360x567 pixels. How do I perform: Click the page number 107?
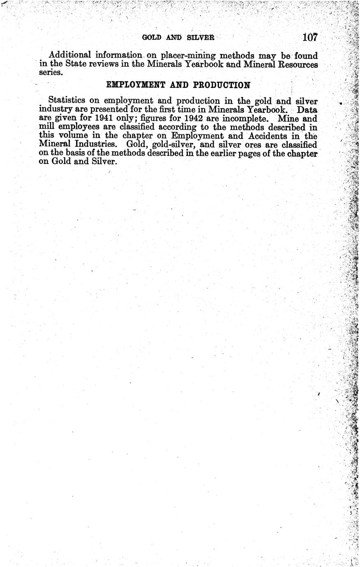point(310,37)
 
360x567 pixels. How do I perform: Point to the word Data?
point(307,110)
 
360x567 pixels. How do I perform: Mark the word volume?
point(74,136)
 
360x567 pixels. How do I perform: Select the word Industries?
point(99,145)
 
